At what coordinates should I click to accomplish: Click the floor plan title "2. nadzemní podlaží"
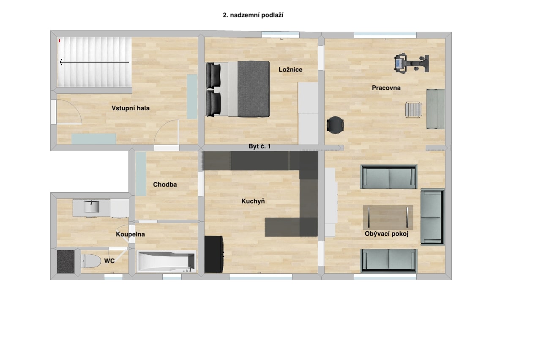(x=253, y=15)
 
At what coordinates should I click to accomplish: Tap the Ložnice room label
(x=290, y=70)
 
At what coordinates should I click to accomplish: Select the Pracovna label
(x=386, y=88)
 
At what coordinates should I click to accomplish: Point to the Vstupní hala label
(x=131, y=108)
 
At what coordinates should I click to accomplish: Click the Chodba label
(x=165, y=185)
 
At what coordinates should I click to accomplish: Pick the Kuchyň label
(x=253, y=201)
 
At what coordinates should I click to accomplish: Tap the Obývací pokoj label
(x=386, y=234)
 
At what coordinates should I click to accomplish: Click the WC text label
(x=109, y=261)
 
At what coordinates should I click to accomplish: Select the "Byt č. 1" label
(x=260, y=146)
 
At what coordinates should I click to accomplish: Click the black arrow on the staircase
(x=94, y=62)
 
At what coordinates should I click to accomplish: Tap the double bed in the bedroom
(x=238, y=89)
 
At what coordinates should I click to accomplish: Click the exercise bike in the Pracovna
(x=412, y=63)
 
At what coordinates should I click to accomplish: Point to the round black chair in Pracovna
(x=335, y=125)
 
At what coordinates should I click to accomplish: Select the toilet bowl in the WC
(x=90, y=261)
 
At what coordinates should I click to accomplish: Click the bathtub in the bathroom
(x=166, y=262)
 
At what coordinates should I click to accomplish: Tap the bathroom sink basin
(x=92, y=207)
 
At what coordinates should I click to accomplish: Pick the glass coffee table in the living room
(x=388, y=218)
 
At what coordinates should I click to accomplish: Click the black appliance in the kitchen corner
(x=214, y=254)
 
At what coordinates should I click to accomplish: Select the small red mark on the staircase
(x=60, y=41)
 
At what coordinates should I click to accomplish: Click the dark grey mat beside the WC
(x=66, y=262)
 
